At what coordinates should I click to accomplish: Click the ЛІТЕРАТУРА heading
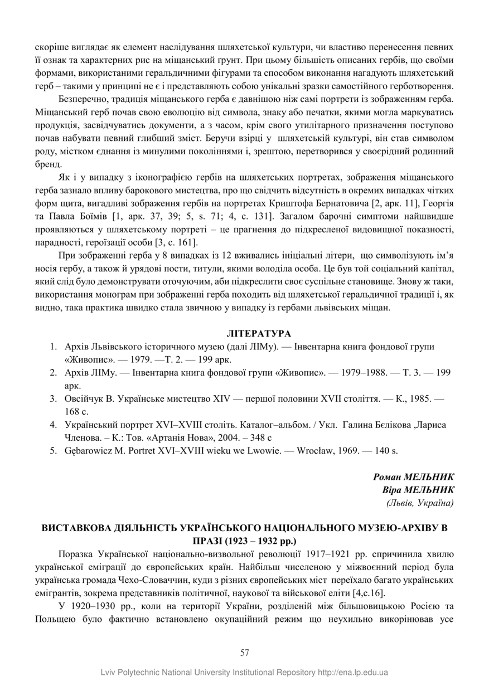click(x=259, y=333)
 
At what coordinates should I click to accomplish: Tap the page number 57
click(x=244, y=652)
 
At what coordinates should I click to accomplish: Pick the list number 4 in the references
click(x=54, y=425)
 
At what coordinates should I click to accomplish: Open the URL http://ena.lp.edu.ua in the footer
click(x=353, y=673)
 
